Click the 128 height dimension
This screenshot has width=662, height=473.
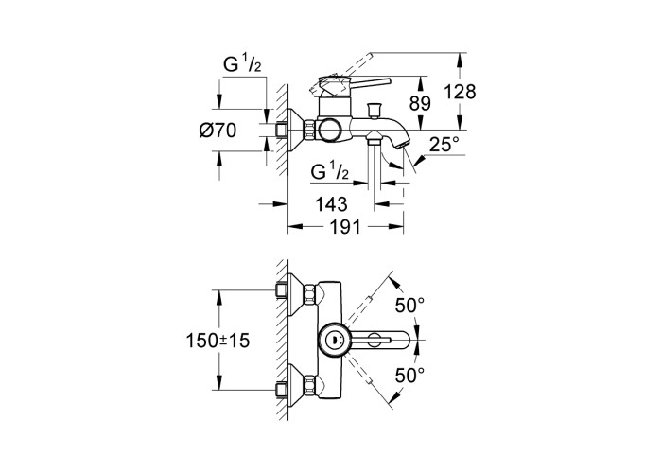[x=460, y=92]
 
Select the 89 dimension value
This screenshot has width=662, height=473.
[x=420, y=103]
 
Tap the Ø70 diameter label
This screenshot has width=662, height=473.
[x=218, y=131]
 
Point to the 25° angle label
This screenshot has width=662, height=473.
[x=444, y=145]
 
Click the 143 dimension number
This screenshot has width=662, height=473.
[x=331, y=204]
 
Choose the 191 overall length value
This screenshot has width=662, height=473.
[x=345, y=227]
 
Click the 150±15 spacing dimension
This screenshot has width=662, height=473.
[x=218, y=341]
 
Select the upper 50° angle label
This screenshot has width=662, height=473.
[x=409, y=305]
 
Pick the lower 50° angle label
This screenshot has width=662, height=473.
[x=409, y=375]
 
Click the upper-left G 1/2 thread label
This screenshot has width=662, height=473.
[x=242, y=64]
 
